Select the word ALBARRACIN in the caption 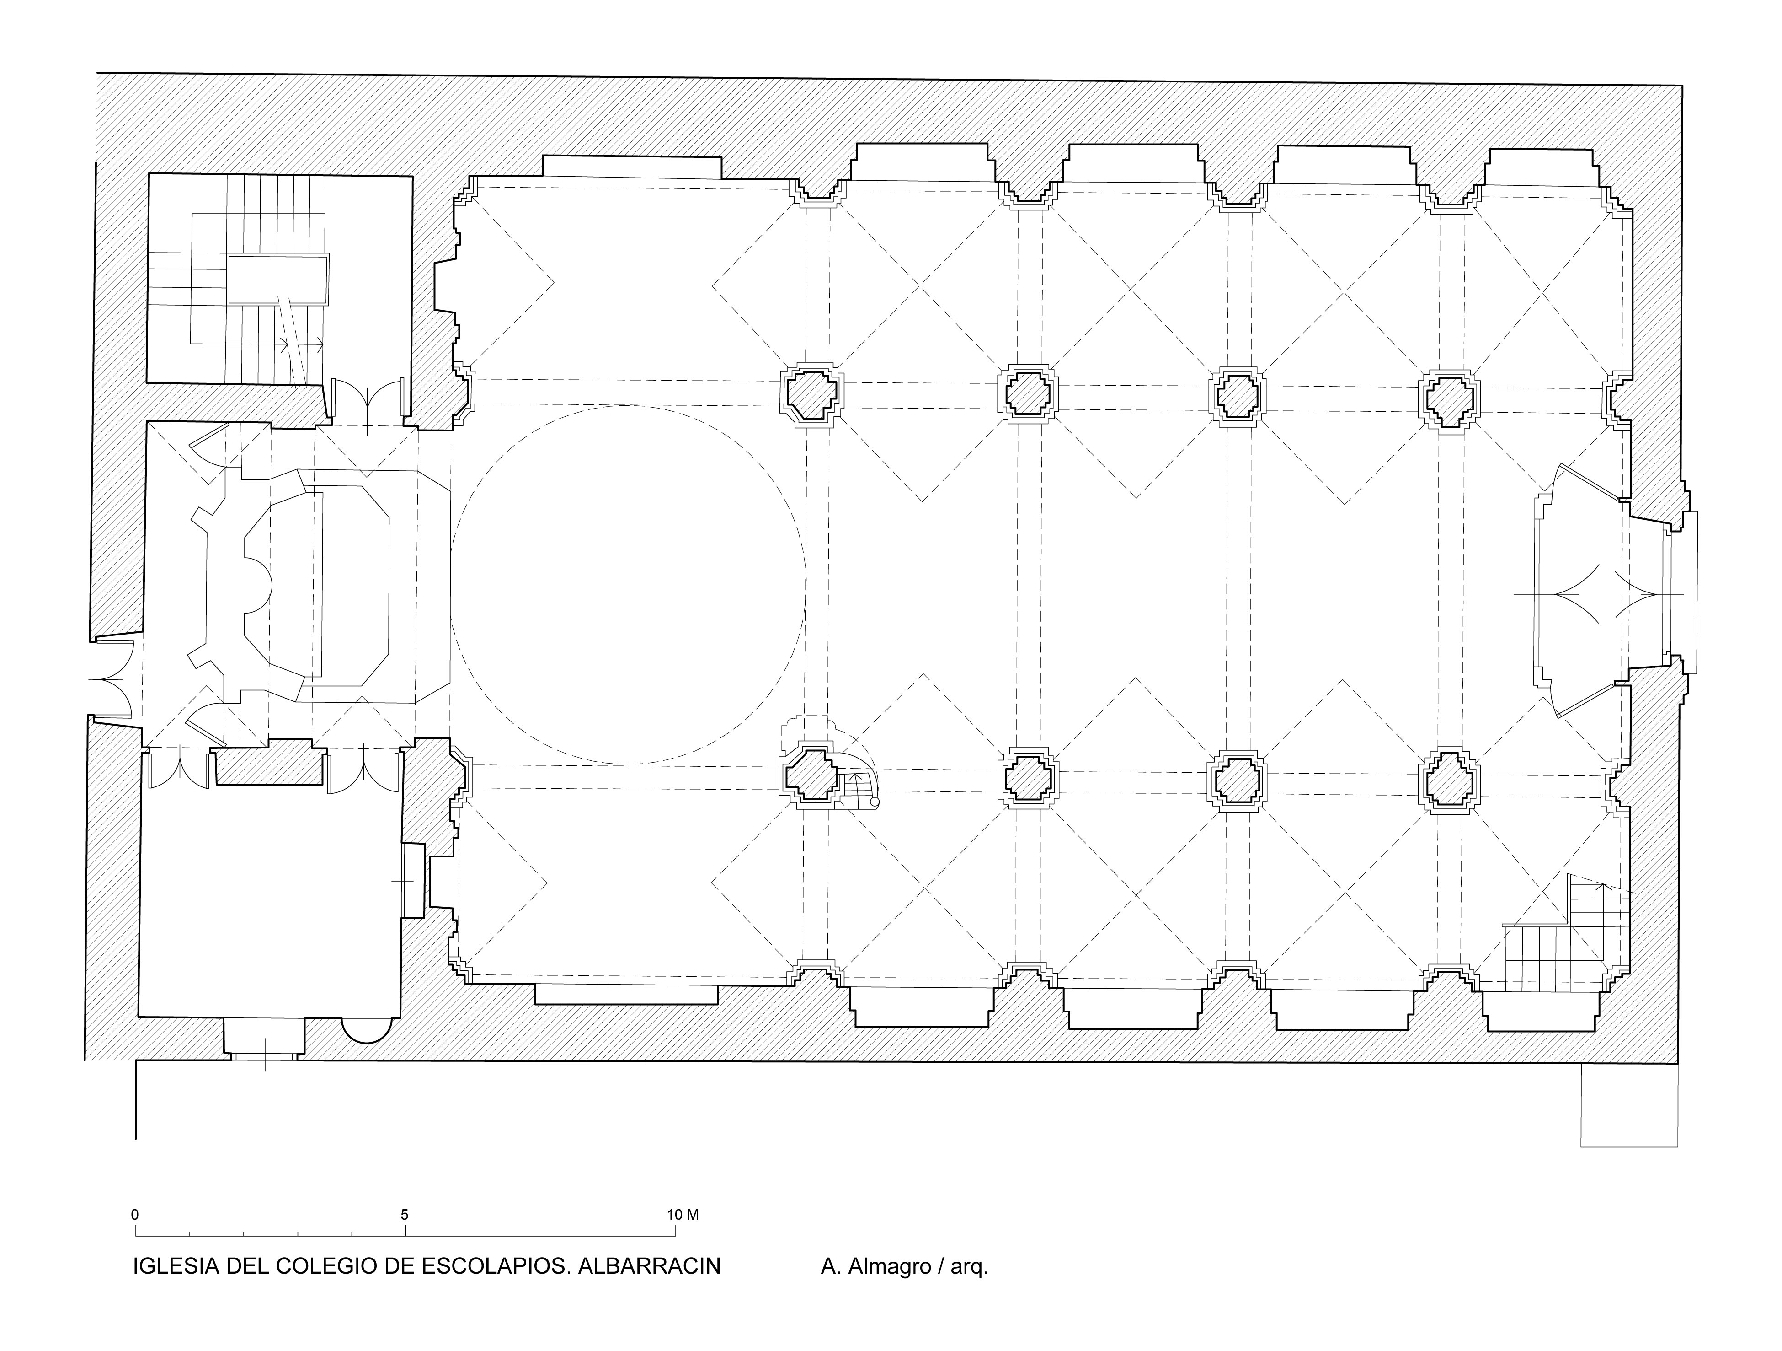[649, 1266]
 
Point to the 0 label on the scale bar [134, 1215]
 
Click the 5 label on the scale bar [405, 1215]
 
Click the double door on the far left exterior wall [111, 679]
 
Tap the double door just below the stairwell [368, 401]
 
